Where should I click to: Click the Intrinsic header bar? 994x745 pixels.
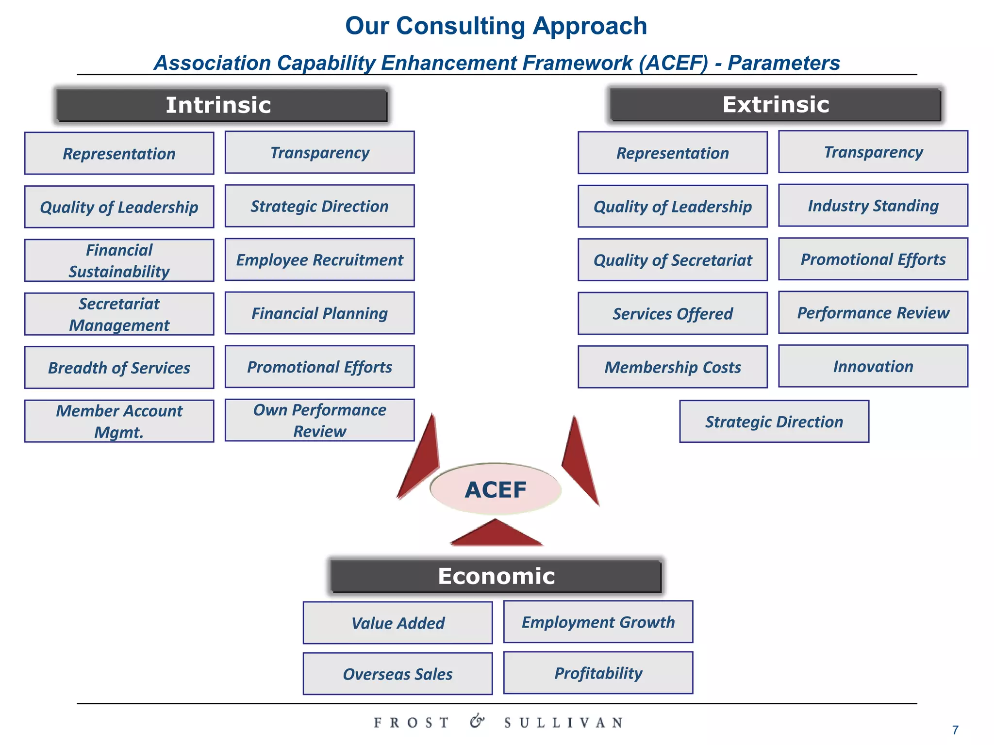[x=221, y=105]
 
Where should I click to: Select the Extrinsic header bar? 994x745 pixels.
[x=775, y=104]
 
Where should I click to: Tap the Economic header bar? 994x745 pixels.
[x=496, y=576]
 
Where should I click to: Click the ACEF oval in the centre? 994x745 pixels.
[x=496, y=489]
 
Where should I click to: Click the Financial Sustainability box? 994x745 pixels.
[x=119, y=260]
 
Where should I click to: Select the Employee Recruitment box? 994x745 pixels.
[x=319, y=259]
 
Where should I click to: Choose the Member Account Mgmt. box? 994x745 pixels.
[x=119, y=421]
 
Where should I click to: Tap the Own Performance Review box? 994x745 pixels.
[x=319, y=420]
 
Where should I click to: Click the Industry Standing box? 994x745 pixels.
[x=873, y=205]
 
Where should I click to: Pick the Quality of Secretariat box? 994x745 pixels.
[x=672, y=260]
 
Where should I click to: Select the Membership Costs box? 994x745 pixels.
[x=672, y=367]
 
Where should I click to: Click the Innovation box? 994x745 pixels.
[x=873, y=366]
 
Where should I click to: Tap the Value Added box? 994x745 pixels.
[x=398, y=623]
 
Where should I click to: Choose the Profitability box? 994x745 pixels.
[x=598, y=673]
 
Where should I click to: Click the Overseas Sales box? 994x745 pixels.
[x=398, y=674]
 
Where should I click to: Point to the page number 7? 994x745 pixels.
[x=955, y=730]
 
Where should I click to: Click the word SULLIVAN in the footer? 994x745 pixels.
[x=563, y=723]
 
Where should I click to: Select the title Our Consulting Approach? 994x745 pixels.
[x=496, y=26]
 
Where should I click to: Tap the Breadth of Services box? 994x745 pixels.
[x=119, y=368]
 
